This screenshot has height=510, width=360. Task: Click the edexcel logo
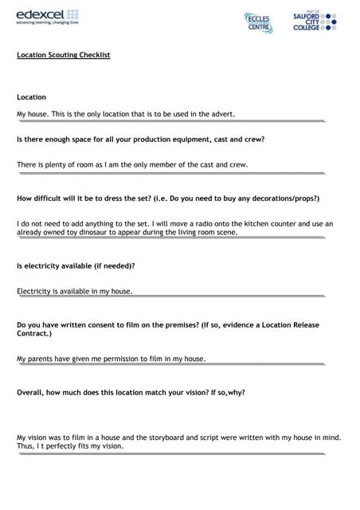(x=47, y=18)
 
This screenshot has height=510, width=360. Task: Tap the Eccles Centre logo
(x=258, y=23)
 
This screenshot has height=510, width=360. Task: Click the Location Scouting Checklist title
(x=64, y=55)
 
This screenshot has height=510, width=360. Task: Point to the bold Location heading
(x=32, y=97)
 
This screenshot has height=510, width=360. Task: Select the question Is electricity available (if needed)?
(x=76, y=265)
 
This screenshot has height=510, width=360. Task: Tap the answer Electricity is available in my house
(x=75, y=292)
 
